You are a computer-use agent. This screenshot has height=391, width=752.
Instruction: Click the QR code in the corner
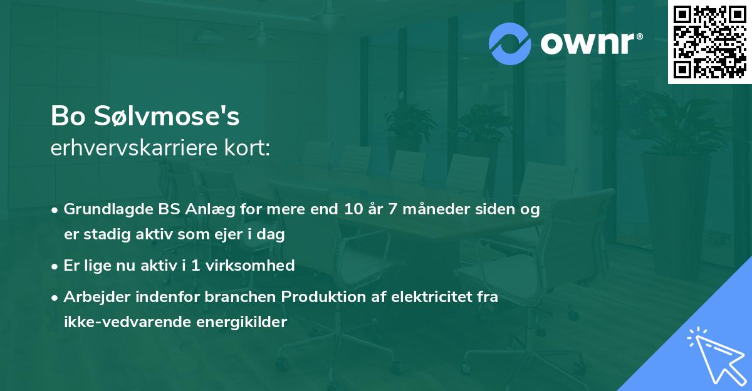pyautogui.click(x=709, y=41)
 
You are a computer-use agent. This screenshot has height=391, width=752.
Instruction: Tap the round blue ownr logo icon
pyautogui.click(x=510, y=43)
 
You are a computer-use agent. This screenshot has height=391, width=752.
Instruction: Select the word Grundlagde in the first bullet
pyautogui.click(x=103, y=209)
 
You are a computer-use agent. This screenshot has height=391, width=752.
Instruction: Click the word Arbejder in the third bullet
pyautogui.click(x=92, y=297)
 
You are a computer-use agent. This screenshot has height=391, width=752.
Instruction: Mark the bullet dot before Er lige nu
pyautogui.click(x=56, y=266)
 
